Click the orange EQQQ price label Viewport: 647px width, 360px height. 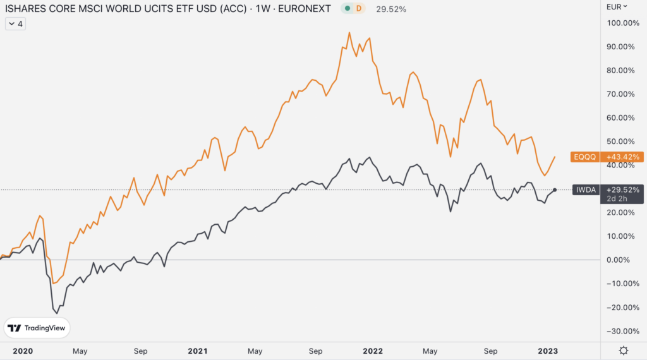(584, 157)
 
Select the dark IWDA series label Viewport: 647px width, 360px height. (586, 190)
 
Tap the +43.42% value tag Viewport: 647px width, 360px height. (622, 157)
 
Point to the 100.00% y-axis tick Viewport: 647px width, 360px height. (622, 23)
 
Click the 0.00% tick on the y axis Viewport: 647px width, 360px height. (618, 260)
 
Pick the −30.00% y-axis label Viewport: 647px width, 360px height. (622, 331)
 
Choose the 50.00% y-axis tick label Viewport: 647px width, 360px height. (620, 141)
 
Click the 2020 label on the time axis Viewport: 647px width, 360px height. (23, 351)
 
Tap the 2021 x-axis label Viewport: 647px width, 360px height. (198, 351)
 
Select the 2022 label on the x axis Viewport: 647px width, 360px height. (373, 351)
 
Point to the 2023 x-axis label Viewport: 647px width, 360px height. (548, 351)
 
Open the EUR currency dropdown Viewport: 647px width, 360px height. (617, 6)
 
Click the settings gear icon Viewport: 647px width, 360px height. (624, 351)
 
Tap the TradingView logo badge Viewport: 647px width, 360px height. (37, 328)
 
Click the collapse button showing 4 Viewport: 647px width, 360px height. (15, 24)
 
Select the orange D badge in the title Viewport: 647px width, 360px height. (359, 8)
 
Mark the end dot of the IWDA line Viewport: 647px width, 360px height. (555, 190)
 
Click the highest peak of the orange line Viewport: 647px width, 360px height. (349, 33)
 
